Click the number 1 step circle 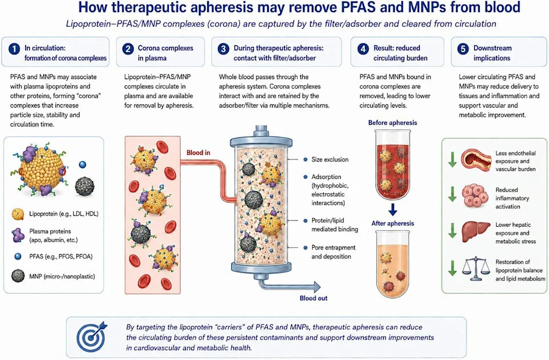14,49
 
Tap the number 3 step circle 223,49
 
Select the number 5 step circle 463,49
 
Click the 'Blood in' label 198,152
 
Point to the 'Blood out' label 313,298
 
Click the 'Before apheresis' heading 392,122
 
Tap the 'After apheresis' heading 392,223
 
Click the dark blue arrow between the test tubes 393,209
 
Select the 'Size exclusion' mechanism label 330,160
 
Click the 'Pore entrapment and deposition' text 333,252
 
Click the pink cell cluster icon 475,196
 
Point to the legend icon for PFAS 18,256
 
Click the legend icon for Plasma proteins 18,235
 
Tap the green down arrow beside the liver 452,231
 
